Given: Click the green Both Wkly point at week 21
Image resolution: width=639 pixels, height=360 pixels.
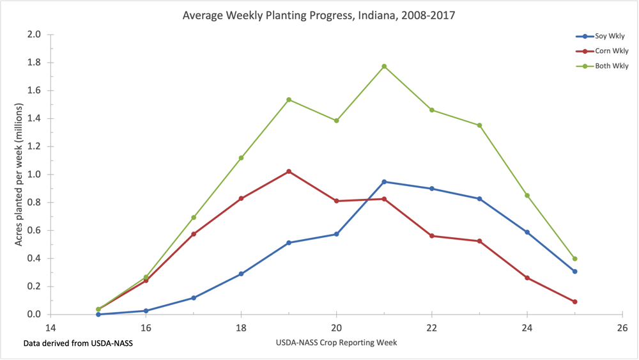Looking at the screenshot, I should pyautogui.click(x=384, y=67).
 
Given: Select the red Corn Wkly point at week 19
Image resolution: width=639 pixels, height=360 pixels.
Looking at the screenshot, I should pyautogui.click(x=289, y=171).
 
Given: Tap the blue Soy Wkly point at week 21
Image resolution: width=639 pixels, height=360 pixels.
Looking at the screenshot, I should pyautogui.click(x=384, y=182).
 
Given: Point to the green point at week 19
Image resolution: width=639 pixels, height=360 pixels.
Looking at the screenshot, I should pyautogui.click(x=289, y=100).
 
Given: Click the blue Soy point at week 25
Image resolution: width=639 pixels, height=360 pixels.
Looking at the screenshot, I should pyautogui.click(x=575, y=271).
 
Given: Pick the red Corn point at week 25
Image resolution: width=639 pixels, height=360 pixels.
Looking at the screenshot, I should pyautogui.click(x=575, y=302).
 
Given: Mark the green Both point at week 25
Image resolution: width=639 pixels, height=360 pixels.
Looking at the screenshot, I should pyautogui.click(x=575, y=259).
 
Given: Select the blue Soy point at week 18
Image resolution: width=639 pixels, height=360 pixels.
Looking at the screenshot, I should pyautogui.click(x=241, y=274).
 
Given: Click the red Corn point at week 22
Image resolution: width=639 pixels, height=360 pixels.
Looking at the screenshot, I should pyautogui.click(x=432, y=236).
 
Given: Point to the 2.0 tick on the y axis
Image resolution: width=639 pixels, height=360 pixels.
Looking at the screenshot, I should pyautogui.click(x=34, y=35).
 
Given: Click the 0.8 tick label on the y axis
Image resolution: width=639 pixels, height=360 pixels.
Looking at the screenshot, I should pyautogui.click(x=34, y=203).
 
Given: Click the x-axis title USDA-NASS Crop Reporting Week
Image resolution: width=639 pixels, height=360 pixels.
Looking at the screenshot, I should pyautogui.click(x=337, y=343).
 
